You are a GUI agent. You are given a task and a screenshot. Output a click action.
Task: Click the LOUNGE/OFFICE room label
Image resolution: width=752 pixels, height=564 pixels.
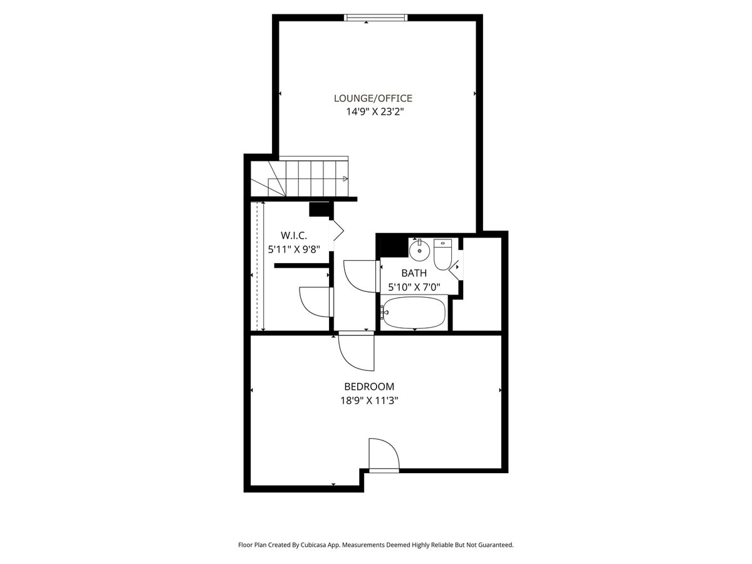coord(373,98)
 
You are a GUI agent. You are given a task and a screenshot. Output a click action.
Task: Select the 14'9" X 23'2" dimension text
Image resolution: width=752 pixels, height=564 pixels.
coord(375,112)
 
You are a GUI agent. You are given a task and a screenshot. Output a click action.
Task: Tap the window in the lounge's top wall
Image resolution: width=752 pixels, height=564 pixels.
coord(376,18)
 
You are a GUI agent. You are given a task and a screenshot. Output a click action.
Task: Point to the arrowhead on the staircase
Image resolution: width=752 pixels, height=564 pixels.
coord(345,179)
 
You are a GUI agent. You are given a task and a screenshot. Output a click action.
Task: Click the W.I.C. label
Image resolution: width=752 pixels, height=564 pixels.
coord(293,235)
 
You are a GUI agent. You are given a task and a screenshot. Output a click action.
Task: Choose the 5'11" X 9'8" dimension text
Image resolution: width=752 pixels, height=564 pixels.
coord(294,249)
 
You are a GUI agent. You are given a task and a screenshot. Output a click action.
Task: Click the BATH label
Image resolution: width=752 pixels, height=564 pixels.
coord(414,273)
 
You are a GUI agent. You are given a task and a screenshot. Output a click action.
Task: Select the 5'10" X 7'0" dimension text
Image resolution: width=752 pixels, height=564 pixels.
coord(414,288)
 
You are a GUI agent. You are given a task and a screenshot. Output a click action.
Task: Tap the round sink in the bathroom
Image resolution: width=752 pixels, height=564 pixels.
coord(419,250)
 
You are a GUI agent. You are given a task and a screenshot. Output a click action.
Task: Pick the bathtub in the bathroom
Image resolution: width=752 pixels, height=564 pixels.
coord(414,312)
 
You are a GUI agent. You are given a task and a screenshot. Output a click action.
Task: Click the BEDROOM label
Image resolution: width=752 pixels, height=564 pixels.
coord(369,387)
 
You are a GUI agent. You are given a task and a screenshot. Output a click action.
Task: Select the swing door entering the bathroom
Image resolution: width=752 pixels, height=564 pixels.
coord(360,276)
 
